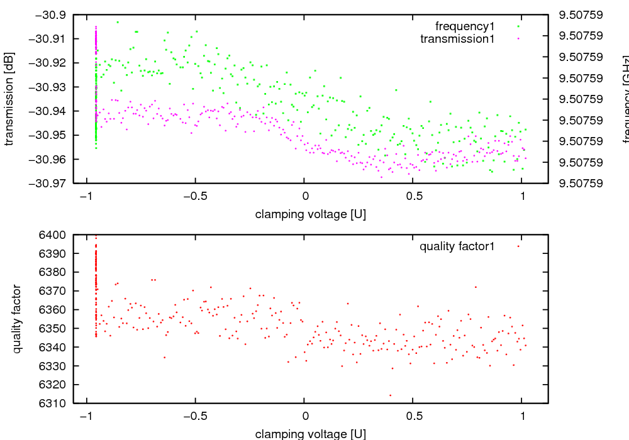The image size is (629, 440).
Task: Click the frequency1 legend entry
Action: (465, 26)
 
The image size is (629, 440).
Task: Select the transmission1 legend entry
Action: (457, 39)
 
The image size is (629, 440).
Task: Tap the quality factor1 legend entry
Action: (457, 246)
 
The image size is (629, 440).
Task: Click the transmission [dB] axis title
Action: (10, 99)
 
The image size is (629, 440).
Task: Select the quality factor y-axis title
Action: (17, 319)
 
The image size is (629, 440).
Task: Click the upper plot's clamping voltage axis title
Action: (310, 214)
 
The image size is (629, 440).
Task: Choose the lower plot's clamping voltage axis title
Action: (310, 434)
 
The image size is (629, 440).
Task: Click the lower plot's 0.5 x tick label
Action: (413, 416)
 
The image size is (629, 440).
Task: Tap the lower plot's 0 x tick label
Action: (304, 416)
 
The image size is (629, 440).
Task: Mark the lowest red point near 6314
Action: (390, 395)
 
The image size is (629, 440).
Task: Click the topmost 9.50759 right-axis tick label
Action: (585, 14)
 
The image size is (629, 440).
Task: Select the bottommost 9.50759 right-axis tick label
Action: (585, 184)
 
